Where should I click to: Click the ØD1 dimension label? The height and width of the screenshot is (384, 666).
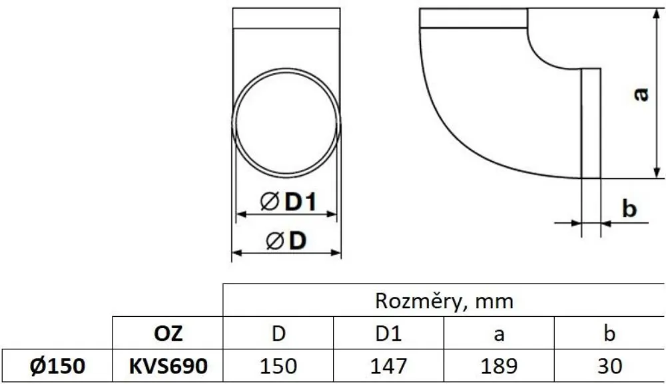coord(287,203)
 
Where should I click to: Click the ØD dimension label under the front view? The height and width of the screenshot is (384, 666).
coord(286,241)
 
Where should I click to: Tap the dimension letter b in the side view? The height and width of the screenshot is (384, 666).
coord(629,209)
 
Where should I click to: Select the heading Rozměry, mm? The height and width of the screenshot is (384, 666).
coord(444,301)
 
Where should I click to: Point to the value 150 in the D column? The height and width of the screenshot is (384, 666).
coord(278,365)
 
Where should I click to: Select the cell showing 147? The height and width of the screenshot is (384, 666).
coord(388,365)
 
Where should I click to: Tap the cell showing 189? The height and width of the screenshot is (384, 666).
coord(499,365)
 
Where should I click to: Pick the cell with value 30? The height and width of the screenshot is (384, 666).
coord(609,365)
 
